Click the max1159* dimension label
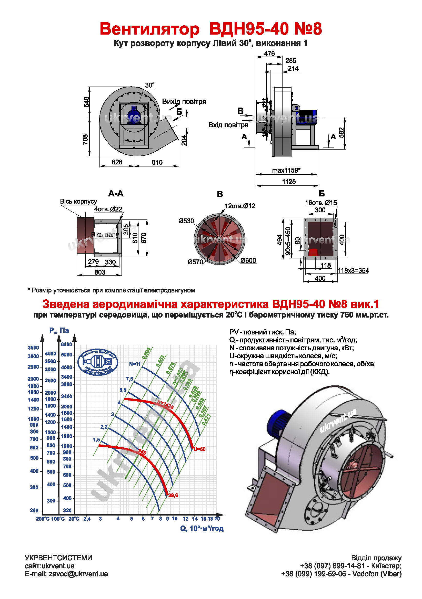pos(286,170)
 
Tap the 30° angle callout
pos(150,85)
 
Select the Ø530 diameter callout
pos(186,221)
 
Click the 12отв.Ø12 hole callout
pos(240,206)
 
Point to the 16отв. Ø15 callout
pos(321,203)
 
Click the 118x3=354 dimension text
pos(353,270)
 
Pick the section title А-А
pos(116,194)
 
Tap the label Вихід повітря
pos(184,101)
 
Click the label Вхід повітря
pos(228,125)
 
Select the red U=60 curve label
pos(199,449)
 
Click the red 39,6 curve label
pos(173,496)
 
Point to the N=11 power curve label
pos(135,364)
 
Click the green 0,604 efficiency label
pos(146,353)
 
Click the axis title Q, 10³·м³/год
pos(202,528)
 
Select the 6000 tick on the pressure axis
pos(66,344)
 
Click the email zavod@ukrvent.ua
pos(66,574)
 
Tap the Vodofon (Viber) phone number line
pos(341,574)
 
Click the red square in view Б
pos(313,252)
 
